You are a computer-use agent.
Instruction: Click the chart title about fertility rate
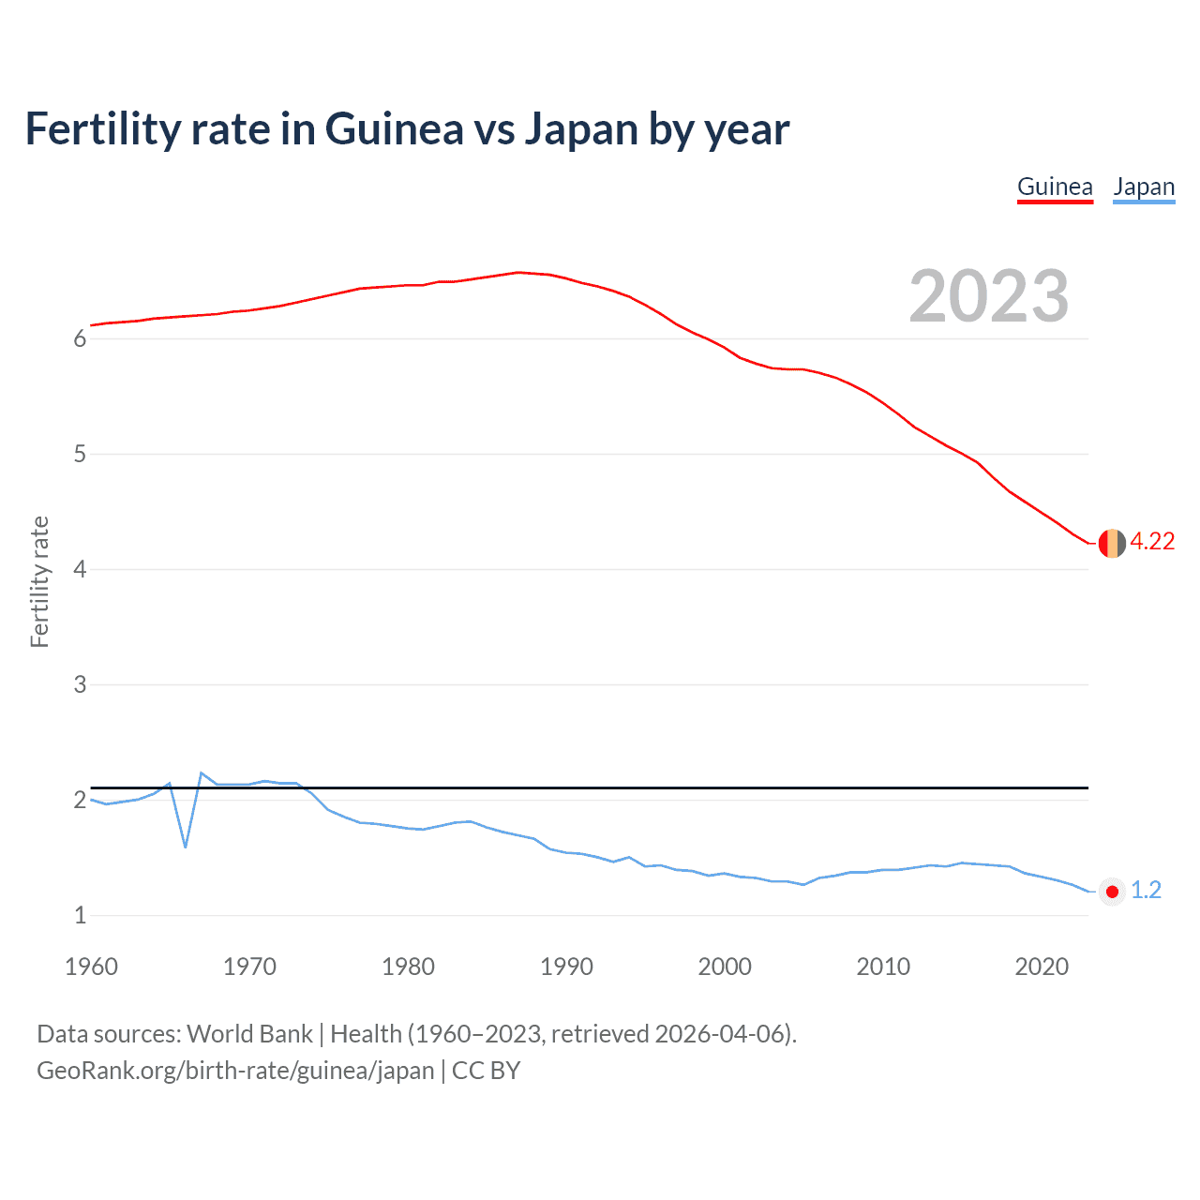[407, 128]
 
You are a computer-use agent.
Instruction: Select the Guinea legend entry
[1055, 187]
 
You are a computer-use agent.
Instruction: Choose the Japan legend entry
[1144, 187]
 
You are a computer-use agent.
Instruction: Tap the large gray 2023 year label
[988, 296]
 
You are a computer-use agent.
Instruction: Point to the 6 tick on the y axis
[80, 339]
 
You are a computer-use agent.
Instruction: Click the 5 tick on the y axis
[80, 455]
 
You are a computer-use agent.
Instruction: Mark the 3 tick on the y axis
[80, 685]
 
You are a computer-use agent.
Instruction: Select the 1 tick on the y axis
[80, 916]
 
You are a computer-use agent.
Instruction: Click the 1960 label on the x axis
[91, 967]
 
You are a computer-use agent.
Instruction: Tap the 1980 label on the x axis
[408, 967]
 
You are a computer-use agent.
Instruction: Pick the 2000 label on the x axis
[725, 967]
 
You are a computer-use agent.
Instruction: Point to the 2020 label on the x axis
[1042, 967]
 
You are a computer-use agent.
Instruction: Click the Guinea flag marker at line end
[1112, 543]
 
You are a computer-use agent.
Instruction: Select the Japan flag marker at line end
[1112, 892]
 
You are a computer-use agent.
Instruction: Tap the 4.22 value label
[1152, 542]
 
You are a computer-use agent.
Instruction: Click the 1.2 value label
[1146, 891]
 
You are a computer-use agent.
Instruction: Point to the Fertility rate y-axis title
[39, 581]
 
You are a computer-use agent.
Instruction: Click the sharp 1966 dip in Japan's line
[186, 847]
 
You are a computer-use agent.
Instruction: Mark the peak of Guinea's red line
[518, 273]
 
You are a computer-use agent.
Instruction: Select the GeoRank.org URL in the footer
[235, 1071]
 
